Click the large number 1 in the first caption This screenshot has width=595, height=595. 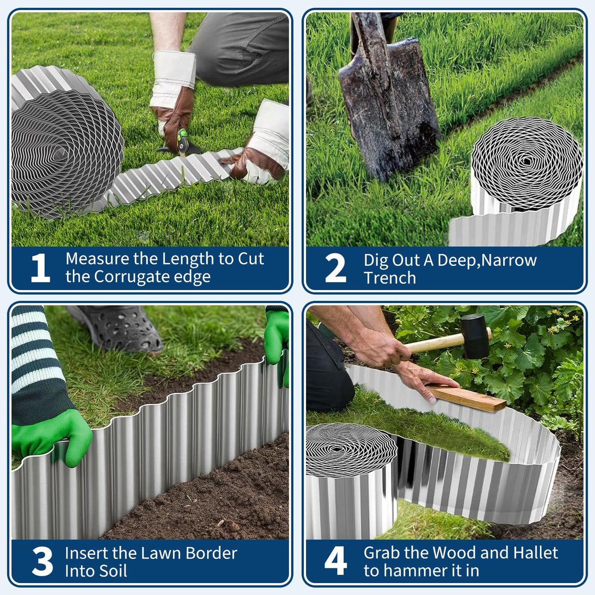pyautogui.click(x=41, y=268)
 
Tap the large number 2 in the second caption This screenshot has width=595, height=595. pyautogui.click(x=336, y=268)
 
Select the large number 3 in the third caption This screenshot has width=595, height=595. pyautogui.click(x=42, y=561)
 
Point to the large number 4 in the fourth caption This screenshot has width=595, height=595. pyautogui.click(x=336, y=561)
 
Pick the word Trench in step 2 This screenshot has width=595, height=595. pyautogui.click(x=390, y=278)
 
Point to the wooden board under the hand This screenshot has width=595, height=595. pyautogui.click(x=466, y=398)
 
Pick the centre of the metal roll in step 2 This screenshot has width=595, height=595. pyautogui.click(x=527, y=161)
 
